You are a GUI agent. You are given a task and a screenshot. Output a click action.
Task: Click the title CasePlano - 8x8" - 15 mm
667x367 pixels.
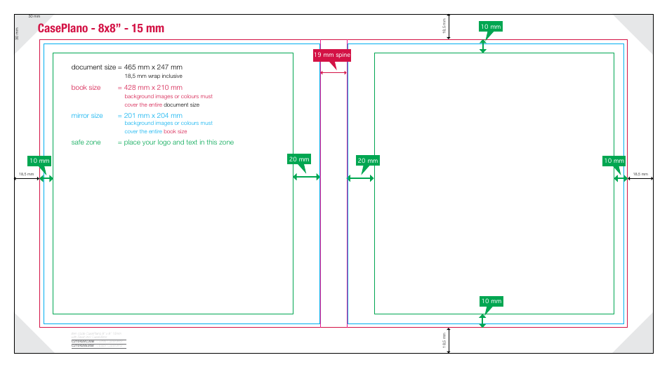100,29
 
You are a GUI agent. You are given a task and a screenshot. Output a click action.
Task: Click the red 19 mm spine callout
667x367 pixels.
331,55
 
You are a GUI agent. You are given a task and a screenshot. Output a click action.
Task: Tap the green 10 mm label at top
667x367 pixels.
491,27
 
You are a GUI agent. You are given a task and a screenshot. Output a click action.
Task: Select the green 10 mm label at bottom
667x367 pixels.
491,301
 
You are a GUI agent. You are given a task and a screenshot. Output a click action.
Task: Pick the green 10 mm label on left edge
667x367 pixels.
39,161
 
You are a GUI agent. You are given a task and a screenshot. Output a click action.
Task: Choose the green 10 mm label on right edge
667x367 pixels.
614,161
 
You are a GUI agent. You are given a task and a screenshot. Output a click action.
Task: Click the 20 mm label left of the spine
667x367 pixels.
299,159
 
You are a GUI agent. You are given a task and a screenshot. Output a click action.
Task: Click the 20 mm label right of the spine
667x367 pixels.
367,161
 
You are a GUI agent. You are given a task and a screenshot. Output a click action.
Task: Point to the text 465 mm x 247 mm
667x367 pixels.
153,67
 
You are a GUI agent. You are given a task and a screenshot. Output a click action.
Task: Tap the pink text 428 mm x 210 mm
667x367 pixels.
153,88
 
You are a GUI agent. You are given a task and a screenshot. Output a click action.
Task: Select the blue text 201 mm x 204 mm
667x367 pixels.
153,115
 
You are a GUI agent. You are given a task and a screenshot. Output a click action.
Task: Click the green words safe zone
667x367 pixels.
86,142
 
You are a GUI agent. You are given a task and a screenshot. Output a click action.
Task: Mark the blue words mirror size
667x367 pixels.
87,115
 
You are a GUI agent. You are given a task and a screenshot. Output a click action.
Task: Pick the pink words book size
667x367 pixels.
86,88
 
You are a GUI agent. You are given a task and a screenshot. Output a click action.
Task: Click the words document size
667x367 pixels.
93,67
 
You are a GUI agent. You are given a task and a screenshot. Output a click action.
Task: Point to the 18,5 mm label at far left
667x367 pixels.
26,173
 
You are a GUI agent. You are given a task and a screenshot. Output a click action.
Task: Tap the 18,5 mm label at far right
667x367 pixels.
640,173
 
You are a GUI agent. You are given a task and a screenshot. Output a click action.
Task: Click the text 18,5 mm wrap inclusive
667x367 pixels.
153,76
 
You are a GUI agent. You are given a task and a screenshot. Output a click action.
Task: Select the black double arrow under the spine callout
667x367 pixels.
333,72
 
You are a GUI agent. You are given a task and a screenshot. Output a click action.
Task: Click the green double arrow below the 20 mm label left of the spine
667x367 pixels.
305,178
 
